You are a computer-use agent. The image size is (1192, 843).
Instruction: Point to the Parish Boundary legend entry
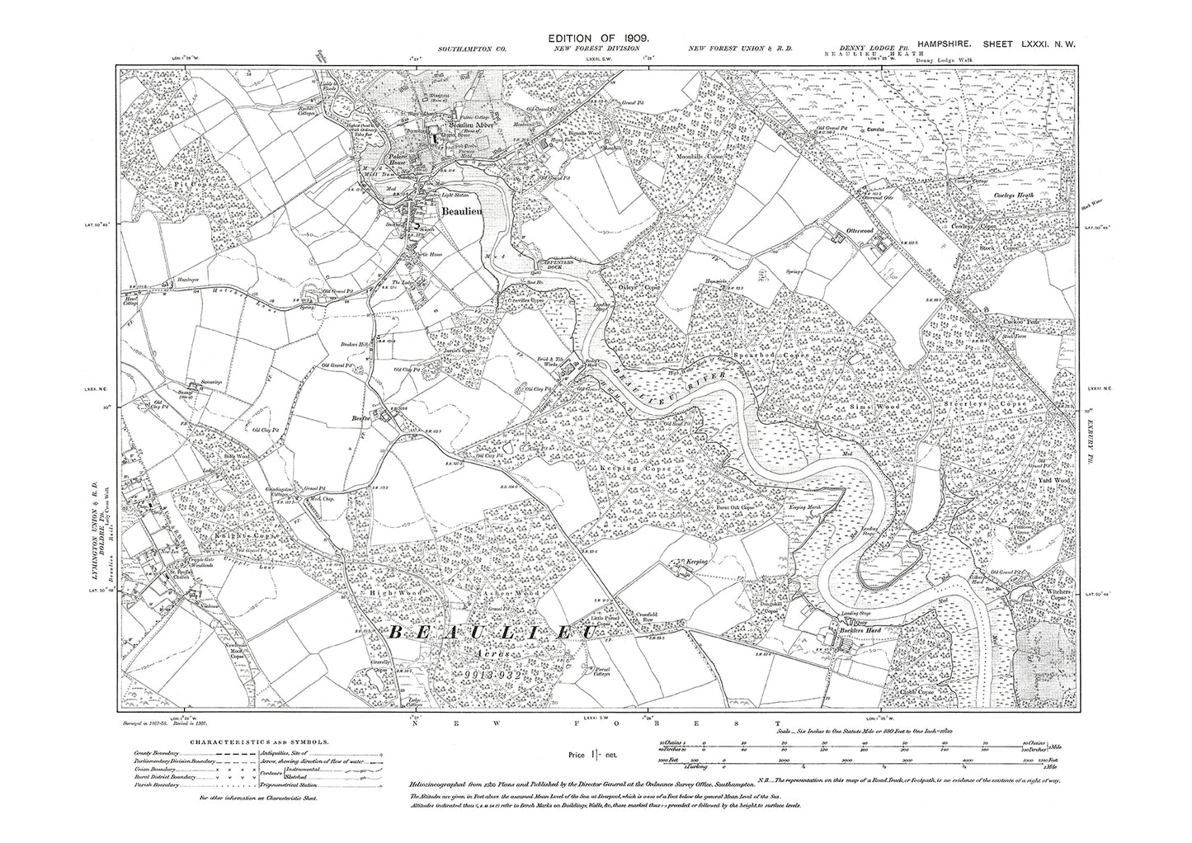pyautogui.click(x=157, y=784)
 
